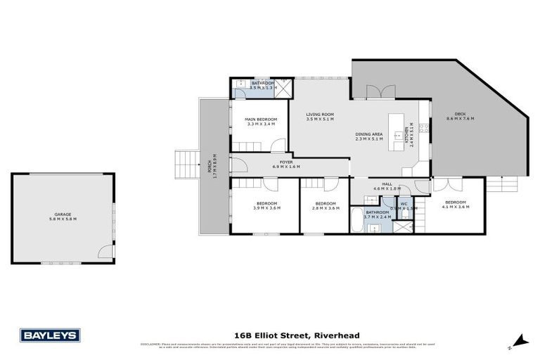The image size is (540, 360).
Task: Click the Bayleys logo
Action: pos(50,335)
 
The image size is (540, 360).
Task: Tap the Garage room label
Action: pos(63,214)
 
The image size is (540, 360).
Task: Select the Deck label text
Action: pos(460,114)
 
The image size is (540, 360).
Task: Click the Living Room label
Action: pos(320,114)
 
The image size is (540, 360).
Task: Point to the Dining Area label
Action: pos(368,134)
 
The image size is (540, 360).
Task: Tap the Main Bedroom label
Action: pos(261,120)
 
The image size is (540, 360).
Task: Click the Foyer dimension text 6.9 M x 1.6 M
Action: pos(286,167)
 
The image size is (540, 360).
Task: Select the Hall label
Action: pos(386,184)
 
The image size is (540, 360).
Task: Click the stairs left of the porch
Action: pos(187,165)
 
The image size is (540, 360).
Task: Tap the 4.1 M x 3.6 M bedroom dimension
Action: pos(454,207)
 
